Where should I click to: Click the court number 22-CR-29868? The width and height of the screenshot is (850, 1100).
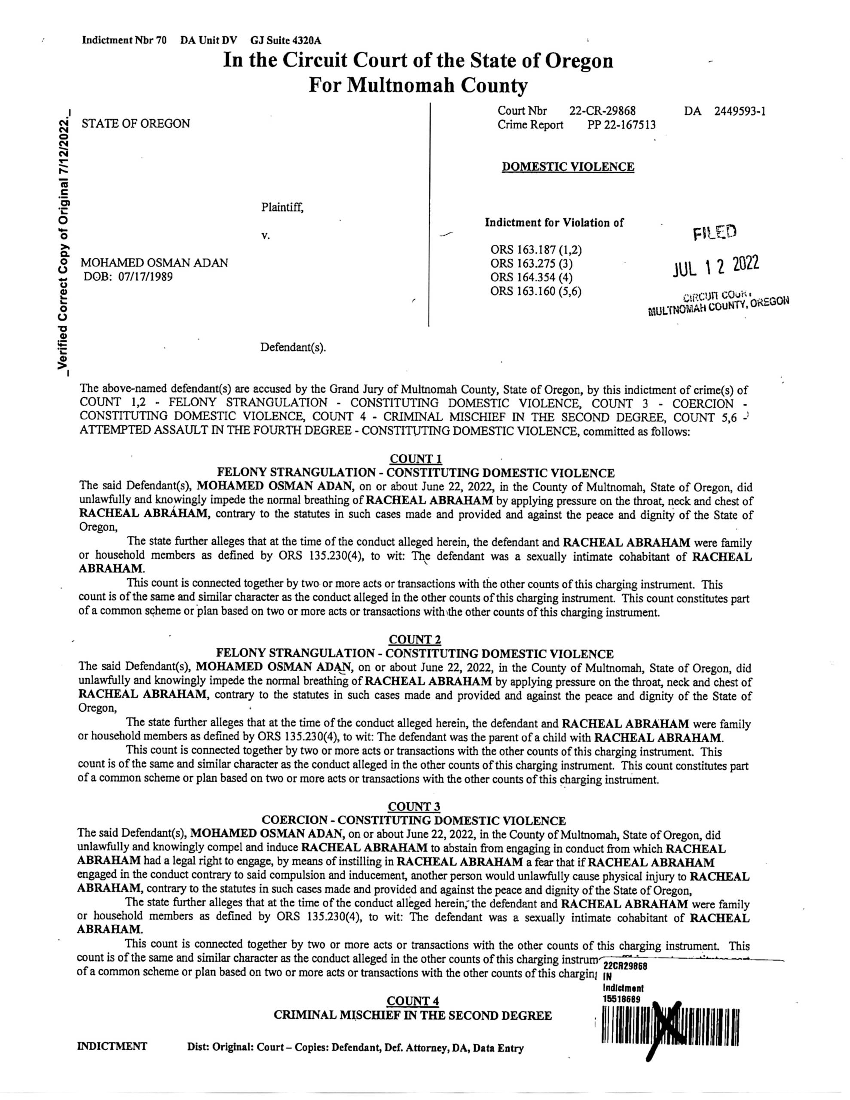602,110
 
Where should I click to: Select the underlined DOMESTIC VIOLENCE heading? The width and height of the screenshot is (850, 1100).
568,167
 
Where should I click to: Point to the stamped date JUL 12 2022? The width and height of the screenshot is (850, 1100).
715,266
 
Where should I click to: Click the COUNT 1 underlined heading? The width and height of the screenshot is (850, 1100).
416,459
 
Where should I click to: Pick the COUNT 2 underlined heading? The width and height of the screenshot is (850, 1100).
415,640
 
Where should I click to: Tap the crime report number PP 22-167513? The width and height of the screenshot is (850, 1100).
621,125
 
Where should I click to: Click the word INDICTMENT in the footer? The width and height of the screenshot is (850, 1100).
112,1046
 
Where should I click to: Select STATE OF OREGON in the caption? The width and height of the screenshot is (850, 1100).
136,123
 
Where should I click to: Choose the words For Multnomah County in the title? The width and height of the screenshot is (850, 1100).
418,85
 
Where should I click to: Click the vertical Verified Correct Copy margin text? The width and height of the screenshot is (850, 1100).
64,242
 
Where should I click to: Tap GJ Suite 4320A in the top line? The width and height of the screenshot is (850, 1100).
286,40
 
